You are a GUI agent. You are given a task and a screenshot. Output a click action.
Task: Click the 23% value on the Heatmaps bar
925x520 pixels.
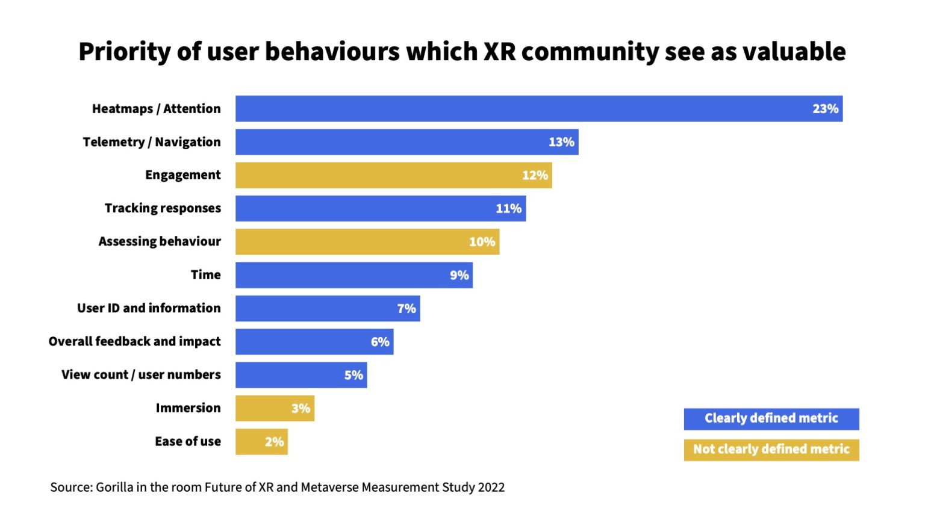(x=825, y=109)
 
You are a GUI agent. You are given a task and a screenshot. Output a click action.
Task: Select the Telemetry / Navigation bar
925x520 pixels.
(x=406, y=142)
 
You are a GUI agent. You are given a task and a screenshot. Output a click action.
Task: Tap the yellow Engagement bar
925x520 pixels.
(x=393, y=175)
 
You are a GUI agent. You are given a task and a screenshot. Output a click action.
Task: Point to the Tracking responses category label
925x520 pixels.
(x=163, y=208)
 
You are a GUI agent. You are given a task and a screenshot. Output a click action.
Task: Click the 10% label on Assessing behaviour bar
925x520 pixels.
(x=482, y=242)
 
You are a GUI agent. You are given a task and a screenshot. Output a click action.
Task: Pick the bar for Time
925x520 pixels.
(x=353, y=275)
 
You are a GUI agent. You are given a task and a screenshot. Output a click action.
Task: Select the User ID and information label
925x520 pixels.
(x=149, y=308)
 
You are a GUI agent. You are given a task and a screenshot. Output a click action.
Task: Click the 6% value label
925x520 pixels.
(x=380, y=342)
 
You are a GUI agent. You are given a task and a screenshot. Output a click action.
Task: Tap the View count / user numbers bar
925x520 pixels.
(x=301, y=375)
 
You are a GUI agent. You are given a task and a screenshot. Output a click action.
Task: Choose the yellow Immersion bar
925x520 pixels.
(x=275, y=409)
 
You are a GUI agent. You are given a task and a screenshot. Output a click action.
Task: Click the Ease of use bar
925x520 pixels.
(x=261, y=442)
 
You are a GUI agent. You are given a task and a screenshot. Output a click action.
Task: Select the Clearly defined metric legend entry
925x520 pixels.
(x=771, y=418)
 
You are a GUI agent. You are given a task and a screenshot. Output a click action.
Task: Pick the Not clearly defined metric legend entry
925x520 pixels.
(x=771, y=450)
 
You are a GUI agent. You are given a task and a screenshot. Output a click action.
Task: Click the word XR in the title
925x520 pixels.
(x=500, y=52)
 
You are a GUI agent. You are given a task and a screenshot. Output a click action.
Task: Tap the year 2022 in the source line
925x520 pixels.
(x=491, y=487)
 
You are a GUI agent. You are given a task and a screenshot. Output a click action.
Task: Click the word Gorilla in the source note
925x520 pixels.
(x=114, y=487)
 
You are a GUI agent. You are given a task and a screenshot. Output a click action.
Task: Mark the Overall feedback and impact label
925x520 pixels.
(x=134, y=341)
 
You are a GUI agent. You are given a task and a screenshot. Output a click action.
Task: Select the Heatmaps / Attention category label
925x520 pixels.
(x=156, y=109)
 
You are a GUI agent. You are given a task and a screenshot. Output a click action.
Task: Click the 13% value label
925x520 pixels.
(x=561, y=142)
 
